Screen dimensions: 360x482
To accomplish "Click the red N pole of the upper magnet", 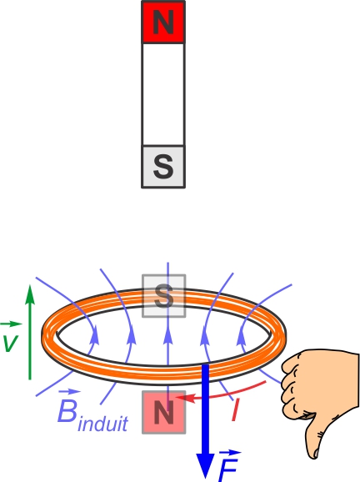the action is [163, 22].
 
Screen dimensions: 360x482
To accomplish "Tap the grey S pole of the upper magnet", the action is [163, 166].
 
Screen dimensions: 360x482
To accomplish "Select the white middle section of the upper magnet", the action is [163, 94].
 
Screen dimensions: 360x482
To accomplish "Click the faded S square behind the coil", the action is [163, 296].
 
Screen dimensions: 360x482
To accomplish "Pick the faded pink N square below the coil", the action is [163, 412].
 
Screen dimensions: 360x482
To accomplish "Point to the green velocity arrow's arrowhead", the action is [30, 294].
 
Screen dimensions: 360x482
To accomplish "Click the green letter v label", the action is [10, 343].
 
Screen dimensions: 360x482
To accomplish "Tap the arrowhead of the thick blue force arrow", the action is [205, 468].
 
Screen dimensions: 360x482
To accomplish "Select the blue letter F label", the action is [228, 470].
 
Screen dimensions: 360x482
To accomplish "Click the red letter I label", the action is [235, 409].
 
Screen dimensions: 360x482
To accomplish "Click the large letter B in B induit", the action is [67, 411].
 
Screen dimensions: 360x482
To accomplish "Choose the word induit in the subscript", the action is [102, 423].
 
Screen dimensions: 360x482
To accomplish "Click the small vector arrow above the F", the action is [230, 453].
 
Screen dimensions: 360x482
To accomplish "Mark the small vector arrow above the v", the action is [11, 324].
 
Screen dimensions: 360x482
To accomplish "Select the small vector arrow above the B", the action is [69, 392].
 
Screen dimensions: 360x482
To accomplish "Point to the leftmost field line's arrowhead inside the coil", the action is [95, 334].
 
